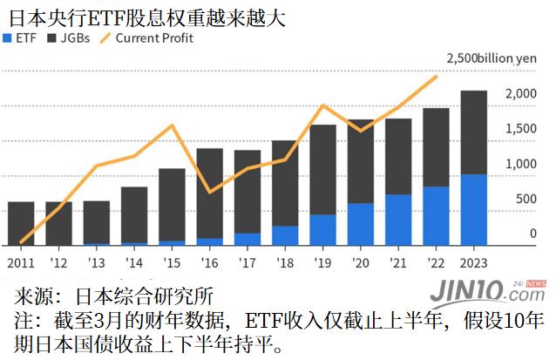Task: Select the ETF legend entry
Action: coord(21,38)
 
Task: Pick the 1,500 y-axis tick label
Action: coord(521,129)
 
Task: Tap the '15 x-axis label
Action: coord(172,261)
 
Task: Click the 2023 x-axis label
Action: coord(473,261)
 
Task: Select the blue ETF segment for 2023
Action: coord(473,210)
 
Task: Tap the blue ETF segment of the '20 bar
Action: coord(360,224)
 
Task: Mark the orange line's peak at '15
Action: coord(172,126)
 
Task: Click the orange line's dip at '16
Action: coord(209,192)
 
